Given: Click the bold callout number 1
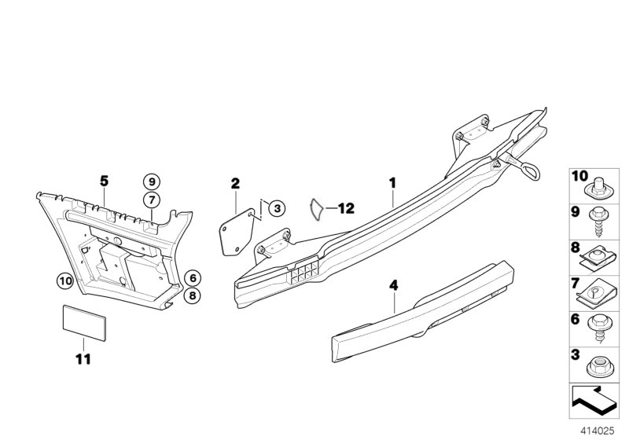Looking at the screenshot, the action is click(x=392, y=183).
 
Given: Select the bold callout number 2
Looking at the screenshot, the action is click(x=235, y=184).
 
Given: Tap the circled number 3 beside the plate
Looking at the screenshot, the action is click(x=277, y=208).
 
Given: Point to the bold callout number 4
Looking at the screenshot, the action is click(x=394, y=286).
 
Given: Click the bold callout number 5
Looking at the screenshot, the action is click(x=104, y=181).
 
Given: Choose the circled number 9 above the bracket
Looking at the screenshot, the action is click(x=152, y=182).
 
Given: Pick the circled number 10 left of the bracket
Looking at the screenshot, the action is click(x=64, y=281).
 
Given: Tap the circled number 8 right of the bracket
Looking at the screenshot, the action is click(x=192, y=295).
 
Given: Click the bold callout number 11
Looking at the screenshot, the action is click(x=83, y=359).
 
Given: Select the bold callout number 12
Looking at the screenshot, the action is click(x=346, y=208).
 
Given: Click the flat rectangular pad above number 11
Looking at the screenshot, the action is click(x=84, y=323).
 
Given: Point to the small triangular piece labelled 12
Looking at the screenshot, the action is click(x=317, y=210).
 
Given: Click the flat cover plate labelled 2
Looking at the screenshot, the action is click(x=237, y=233).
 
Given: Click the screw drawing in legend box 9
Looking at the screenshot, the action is click(x=598, y=222).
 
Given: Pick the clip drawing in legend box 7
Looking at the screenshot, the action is click(x=596, y=294).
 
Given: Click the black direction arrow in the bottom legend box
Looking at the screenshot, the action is click(x=594, y=399).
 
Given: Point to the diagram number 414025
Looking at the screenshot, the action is click(x=598, y=431).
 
